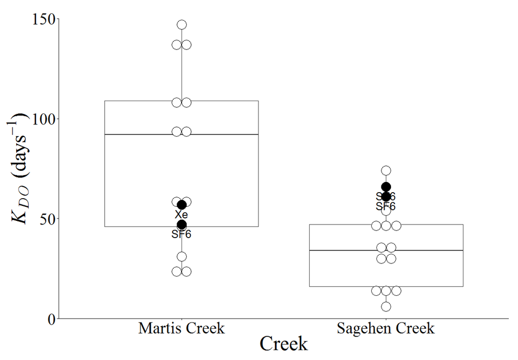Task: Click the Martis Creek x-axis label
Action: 181,329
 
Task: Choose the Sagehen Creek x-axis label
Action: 385,329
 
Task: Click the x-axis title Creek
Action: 283,344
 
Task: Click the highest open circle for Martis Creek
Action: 182,25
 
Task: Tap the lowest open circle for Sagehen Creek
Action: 386,306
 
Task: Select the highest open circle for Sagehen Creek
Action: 386,171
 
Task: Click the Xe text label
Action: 182,215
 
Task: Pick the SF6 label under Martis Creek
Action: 182,234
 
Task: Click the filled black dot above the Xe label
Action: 182,205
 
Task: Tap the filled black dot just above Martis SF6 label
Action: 182,224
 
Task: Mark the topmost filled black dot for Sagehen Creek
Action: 386,187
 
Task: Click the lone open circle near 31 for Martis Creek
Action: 182,257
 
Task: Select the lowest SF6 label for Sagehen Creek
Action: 385,206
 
